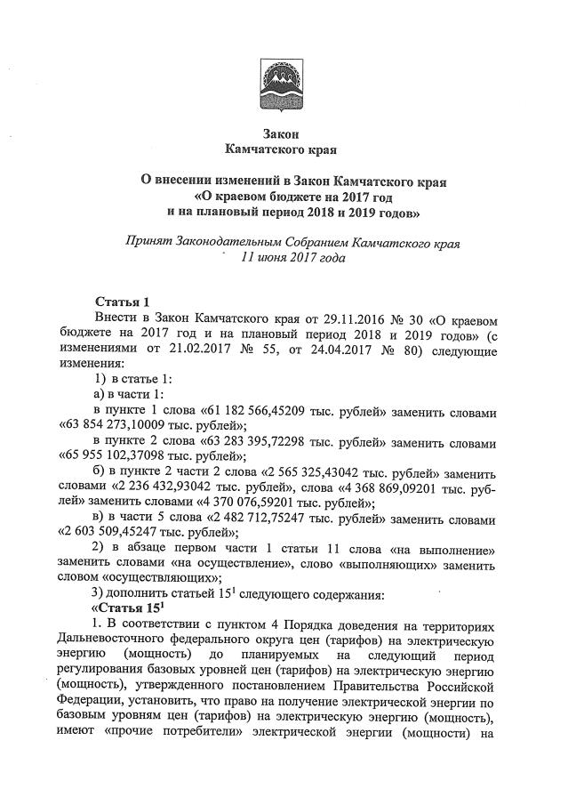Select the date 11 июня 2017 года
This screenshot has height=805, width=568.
283,258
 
